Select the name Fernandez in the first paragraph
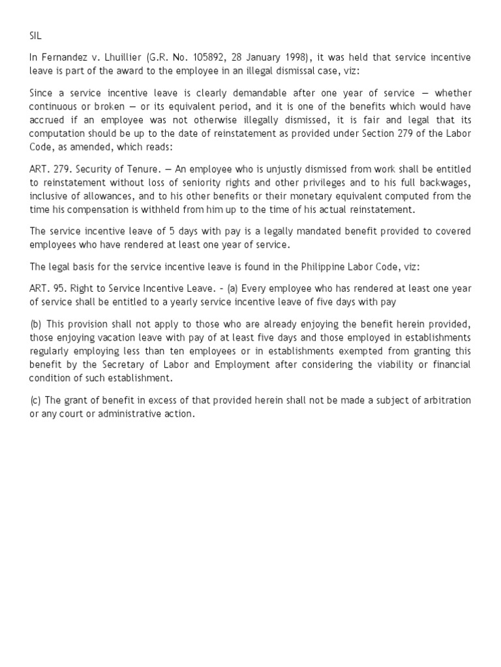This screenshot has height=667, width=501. [65, 57]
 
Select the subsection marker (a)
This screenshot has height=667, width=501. [232, 289]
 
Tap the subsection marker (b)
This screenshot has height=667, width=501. [36, 324]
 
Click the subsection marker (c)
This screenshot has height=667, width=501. [36, 399]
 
